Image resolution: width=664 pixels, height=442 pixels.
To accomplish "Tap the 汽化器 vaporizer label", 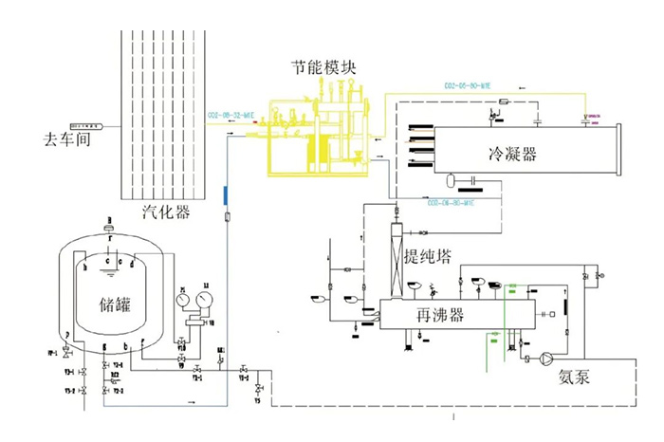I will click(x=163, y=210).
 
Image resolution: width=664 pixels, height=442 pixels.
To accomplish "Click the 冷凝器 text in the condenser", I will click(x=512, y=154).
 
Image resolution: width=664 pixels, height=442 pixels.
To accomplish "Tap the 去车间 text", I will click(x=59, y=138).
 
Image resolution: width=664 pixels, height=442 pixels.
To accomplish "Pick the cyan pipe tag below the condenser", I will click(x=451, y=202).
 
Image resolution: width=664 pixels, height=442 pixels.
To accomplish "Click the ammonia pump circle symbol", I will click(x=546, y=359).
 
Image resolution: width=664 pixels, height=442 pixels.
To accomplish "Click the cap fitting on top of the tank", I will click(x=110, y=228).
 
